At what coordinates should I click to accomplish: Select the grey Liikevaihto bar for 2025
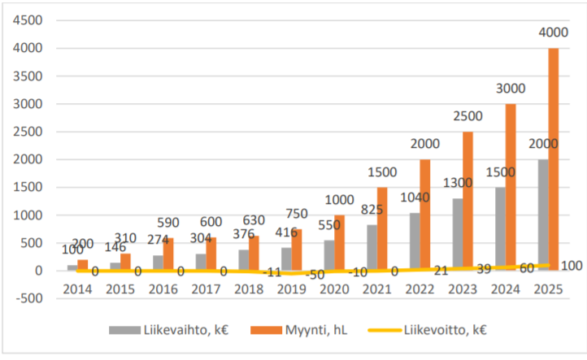(542, 215)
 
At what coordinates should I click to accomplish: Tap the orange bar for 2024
(511, 187)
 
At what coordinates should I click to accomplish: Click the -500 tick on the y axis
(29, 298)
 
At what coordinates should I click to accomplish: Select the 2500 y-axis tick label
(28, 132)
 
